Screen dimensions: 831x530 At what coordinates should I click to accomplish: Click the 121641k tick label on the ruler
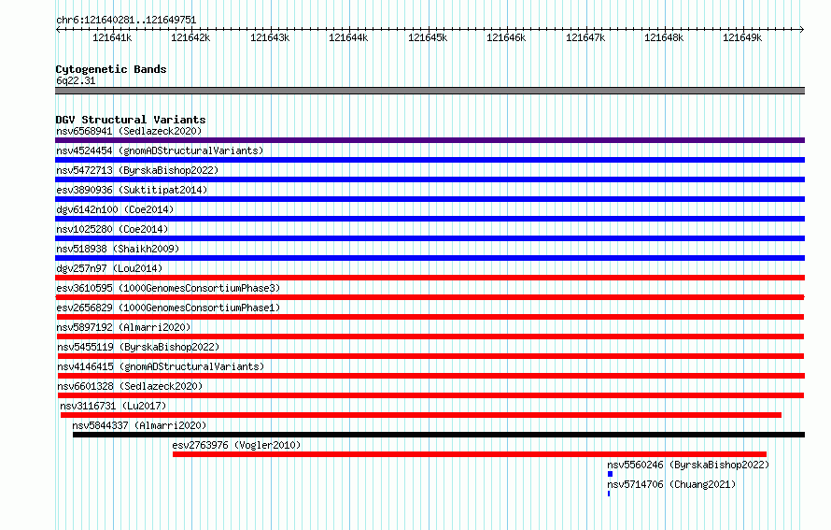pyautogui.click(x=112, y=37)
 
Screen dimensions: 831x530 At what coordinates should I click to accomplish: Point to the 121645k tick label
pyautogui.click(x=427, y=37)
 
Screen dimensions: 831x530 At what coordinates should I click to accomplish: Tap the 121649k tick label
pyautogui.click(x=742, y=37)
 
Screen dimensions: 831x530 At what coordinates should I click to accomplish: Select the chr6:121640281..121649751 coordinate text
pyautogui.click(x=126, y=20)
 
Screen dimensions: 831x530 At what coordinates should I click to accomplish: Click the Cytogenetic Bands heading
pyautogui.click(x=111, y=69)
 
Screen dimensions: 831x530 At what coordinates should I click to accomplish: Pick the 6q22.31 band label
pyautogui.click(x=76, y=80)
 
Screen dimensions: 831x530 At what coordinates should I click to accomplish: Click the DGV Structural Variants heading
pyautogui.click(x=131, y=120)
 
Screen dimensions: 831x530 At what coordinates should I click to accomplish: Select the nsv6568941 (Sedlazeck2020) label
pyautogui.click(x=129, y=131)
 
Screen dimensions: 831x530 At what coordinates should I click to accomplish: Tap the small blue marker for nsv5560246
pyautogui.click(x=610, y=474)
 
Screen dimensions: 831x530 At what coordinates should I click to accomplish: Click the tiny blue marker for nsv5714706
pyautogui.click(x=609, y=494)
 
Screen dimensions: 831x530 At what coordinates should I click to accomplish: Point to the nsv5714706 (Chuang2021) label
pyautogui.click(x=671, y=484)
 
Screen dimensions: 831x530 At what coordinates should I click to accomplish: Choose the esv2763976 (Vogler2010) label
pyautogui.click(x=236, y=445)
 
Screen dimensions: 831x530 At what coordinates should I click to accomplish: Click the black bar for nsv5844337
pyautogui.click(x=439, y=435)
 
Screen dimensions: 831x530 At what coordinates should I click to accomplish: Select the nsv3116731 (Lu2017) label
pyautogui.click(x=113, y=406)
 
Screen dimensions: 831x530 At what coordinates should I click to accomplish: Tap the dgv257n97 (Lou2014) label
pyautogui.click(x=109, y=268)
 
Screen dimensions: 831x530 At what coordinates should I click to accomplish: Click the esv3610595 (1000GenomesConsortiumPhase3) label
pyautogui.click(x=168, y=288)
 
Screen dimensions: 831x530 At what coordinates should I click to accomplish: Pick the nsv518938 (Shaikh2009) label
pyautogui.click(x=118, y=249)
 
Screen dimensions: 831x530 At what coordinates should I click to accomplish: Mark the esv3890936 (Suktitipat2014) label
pyautogui.click(x=132, y=190)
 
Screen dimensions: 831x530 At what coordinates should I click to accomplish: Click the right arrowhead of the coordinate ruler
pyautogui.click(x=802, y=30)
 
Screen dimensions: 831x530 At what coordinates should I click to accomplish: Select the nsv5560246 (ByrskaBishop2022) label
pyautogui.click(x=688, y=465)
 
